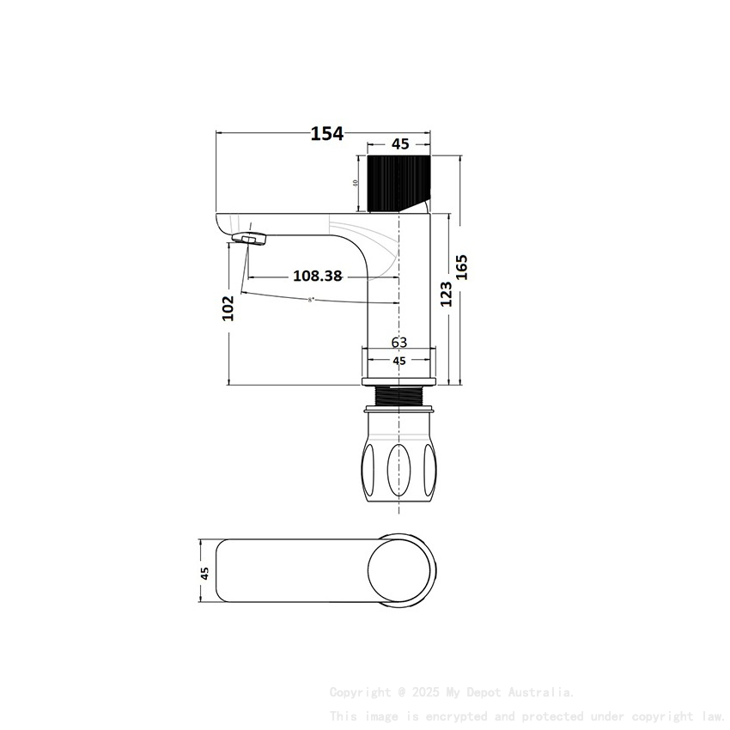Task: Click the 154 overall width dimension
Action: [326, 133]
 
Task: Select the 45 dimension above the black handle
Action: [400, 144]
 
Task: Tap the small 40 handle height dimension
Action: [356, 183]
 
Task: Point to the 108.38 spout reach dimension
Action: [317, 276]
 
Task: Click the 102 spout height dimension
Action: [228, 307]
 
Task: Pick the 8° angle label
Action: [311, 300]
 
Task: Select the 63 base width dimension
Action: [399, 342]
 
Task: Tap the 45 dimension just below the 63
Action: [399, 362]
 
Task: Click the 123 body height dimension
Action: [446, 293]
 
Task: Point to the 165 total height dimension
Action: [462, 266]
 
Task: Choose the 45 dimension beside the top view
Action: [204, 573]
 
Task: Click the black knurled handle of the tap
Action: [396, 183]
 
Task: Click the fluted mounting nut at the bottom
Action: [399, 465]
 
